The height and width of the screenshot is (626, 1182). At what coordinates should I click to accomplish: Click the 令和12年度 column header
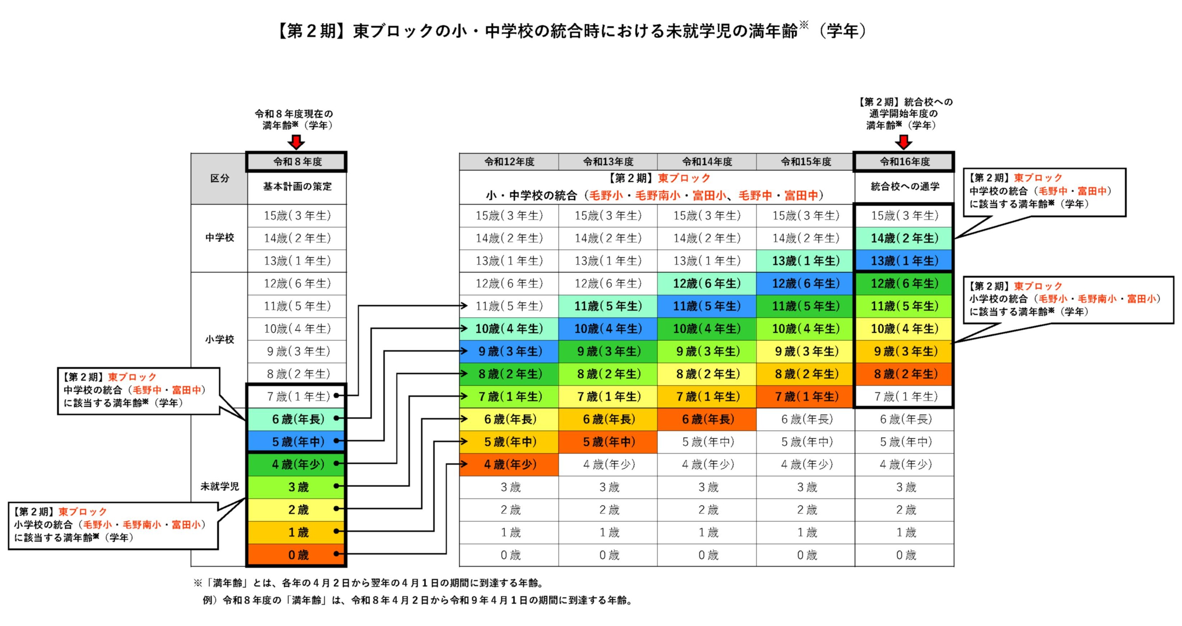(509, 162)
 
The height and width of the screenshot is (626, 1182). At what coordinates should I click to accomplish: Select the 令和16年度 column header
(905, 162)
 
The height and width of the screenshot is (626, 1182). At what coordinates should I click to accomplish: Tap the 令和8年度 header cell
(297, 162)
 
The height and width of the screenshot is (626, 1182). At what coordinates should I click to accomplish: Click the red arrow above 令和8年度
(296, 142)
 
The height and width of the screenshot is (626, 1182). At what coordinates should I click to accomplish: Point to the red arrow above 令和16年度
(903, 142)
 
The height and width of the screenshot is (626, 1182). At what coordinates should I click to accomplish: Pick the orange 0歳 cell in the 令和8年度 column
(297, 555)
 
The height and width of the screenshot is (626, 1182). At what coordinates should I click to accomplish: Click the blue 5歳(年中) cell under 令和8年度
(297, 442)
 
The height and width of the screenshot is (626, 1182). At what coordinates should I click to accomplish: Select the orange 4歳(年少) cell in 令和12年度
(509, 464)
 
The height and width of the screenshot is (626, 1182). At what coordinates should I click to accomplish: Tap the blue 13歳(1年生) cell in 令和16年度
(905, 261)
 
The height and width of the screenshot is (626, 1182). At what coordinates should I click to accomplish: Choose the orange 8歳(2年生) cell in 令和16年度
(905, 374)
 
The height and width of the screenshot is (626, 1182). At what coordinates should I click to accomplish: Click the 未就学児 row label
(219, 486)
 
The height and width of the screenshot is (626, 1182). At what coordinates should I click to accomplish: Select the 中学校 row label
(219, 238)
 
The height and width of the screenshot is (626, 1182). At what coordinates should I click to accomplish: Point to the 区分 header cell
(219, 178)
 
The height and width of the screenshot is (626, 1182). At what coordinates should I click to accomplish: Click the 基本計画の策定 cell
(297, 186)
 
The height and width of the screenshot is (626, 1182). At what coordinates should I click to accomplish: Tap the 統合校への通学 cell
(905, 186)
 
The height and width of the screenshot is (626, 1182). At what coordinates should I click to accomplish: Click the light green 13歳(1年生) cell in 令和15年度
(806, 261)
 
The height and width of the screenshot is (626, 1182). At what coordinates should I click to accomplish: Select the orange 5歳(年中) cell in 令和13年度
(608, 442)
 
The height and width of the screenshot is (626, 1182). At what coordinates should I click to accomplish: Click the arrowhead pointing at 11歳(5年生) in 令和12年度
(464, 305)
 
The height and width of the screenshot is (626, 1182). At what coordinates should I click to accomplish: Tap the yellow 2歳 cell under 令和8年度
(297, 510)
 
